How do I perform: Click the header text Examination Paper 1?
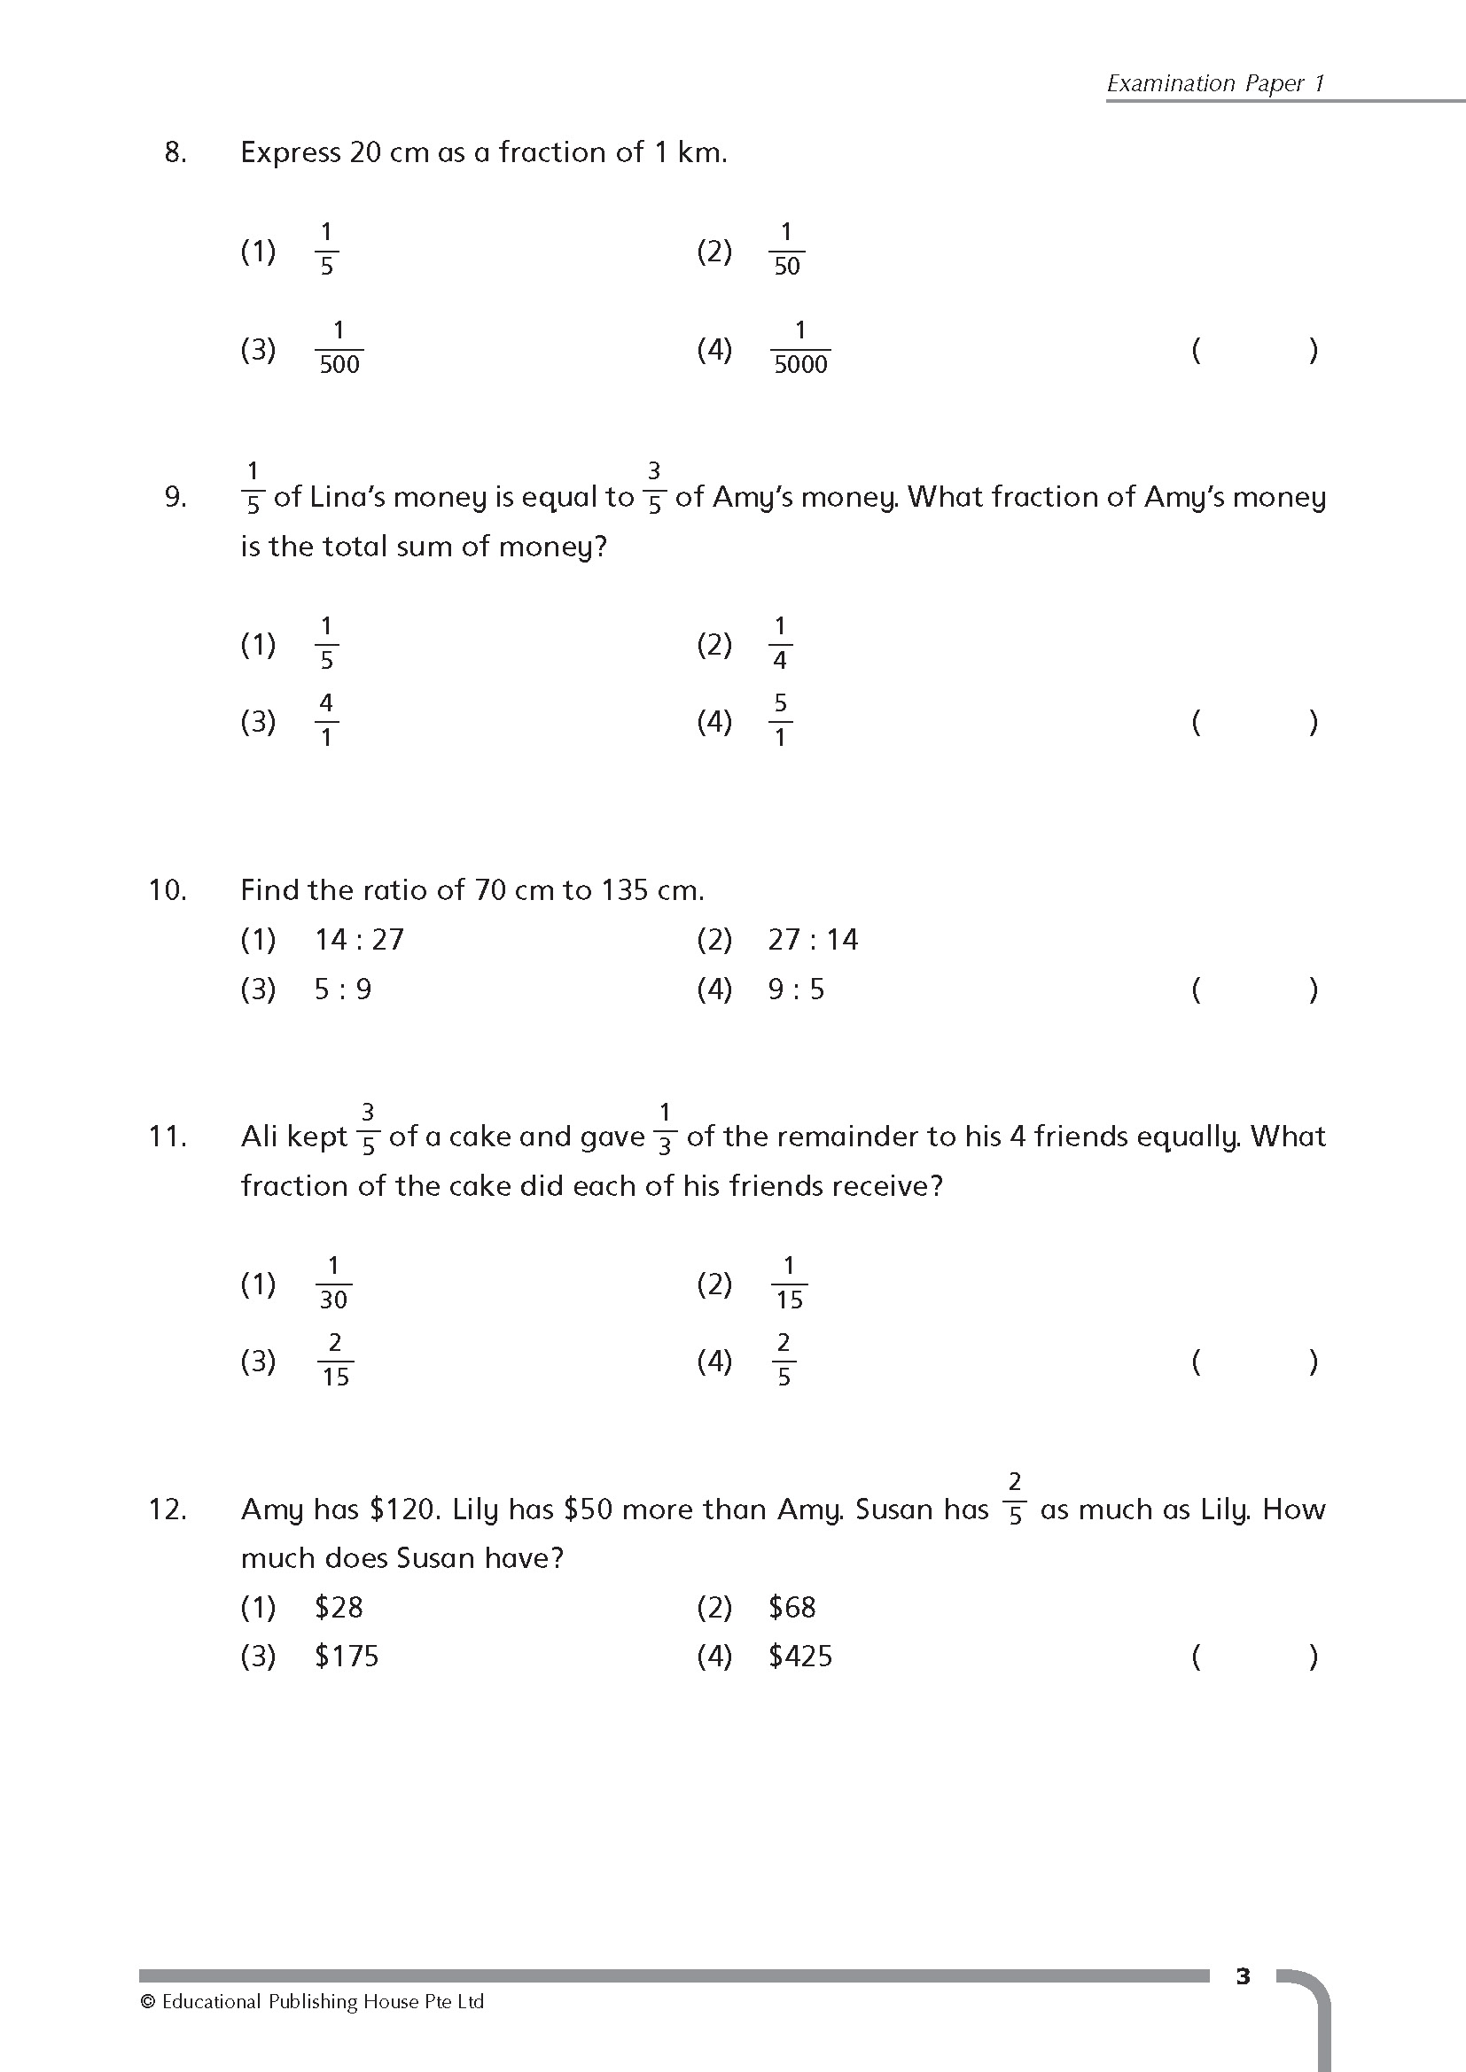coord(1215,83)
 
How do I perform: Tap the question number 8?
coord(175,152)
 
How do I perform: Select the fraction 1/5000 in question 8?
coord(799,347)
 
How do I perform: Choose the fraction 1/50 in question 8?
coord(786,249)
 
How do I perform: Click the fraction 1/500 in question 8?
coord(339,347)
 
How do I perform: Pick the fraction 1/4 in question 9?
coord(780,643)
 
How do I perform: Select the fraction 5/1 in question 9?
coord(780,720)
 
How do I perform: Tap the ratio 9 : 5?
coord(796,990)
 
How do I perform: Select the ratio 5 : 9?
coord(342,990)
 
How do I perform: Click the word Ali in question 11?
coord(260,1137)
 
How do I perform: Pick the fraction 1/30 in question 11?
coord(333,1283)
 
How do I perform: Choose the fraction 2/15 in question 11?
coord(335,1360)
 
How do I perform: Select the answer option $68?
coord(791,1607)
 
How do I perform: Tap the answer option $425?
coord(799,1657)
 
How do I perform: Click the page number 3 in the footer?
coord(1243,1976)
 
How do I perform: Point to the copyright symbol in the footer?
coord(148,2002)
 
